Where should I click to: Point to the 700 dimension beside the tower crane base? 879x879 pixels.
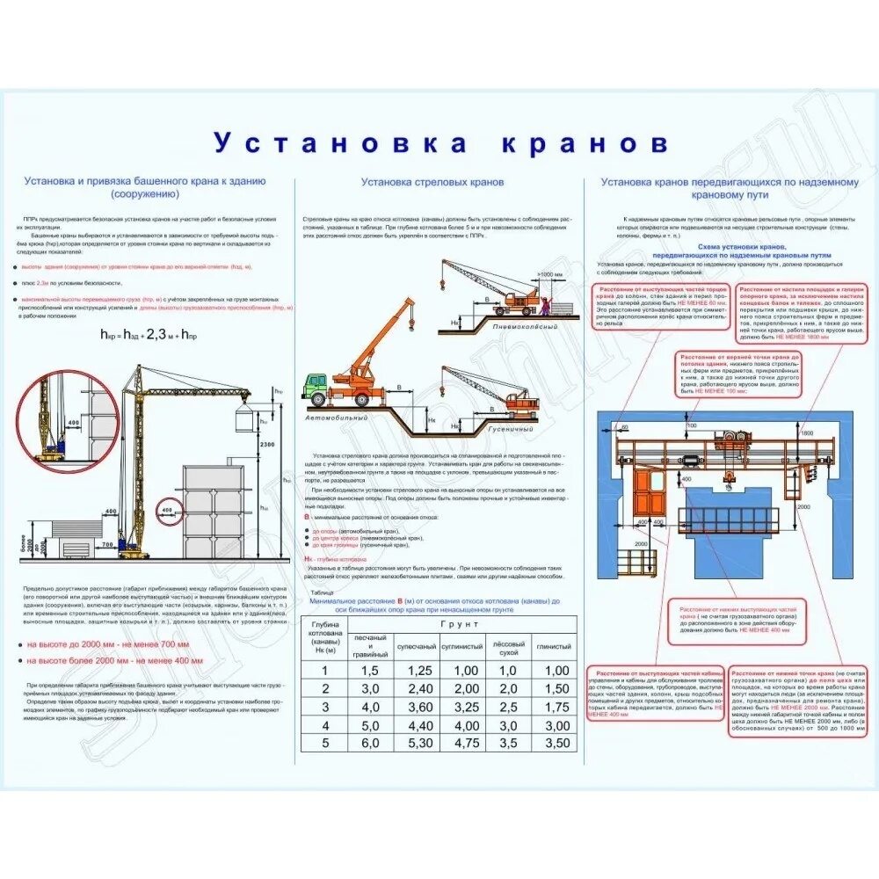107,546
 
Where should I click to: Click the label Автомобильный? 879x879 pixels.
337,418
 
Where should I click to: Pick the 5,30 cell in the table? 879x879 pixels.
421,743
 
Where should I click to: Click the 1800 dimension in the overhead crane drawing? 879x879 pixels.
806,432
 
